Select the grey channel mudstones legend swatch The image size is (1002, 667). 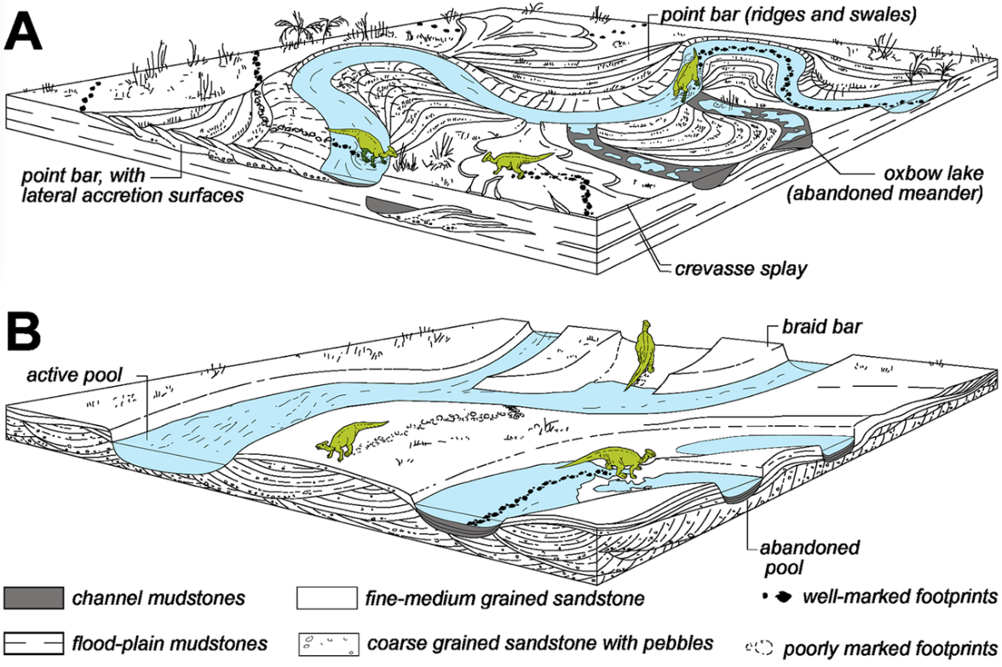point(33,598)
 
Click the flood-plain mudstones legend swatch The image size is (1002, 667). point(33,641)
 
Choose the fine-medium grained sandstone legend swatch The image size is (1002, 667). point(325,598)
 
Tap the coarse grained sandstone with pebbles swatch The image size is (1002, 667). point(325,641)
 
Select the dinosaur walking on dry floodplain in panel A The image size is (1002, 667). point(510,160)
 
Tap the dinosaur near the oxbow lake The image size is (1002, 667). point(688,74)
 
